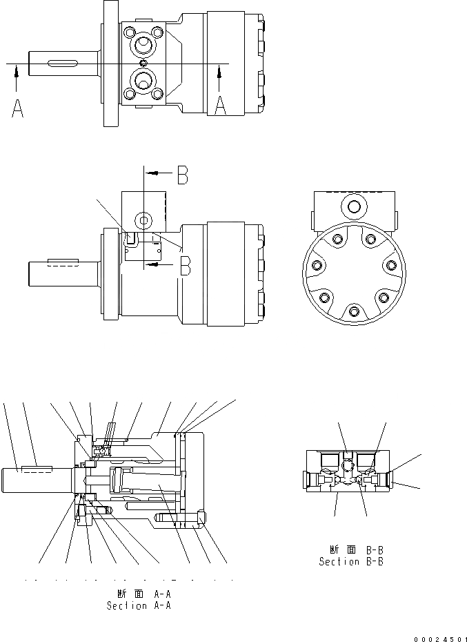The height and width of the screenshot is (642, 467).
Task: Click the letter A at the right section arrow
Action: (219, 105)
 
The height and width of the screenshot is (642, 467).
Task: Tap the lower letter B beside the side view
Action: (184, 266)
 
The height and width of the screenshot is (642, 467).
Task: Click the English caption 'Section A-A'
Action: (138, 605)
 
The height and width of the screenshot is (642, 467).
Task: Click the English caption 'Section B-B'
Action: (350, 561)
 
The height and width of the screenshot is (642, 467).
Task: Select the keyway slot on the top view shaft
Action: (61, 64)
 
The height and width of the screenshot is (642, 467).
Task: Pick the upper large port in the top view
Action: (143, 46)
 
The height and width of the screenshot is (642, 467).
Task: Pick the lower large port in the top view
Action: (143, 82)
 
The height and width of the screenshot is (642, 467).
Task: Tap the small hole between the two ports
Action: (143, 64)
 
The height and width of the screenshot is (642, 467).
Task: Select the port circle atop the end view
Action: (355, 206)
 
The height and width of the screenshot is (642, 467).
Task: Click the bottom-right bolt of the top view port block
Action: (159, 97)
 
